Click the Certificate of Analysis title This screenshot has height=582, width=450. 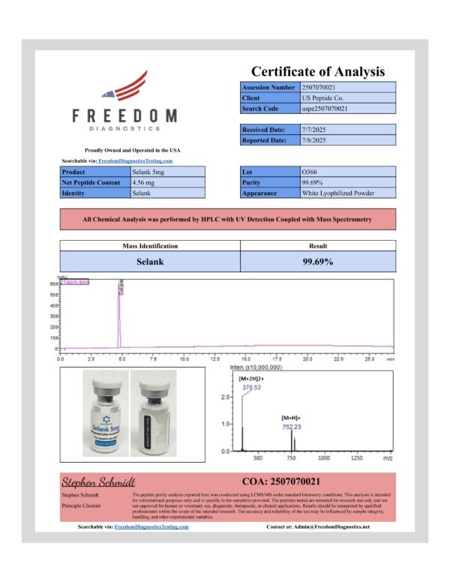click(x=317, y=72)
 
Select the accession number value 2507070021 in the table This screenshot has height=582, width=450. click(x=322, y=88)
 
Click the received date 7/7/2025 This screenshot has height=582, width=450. click(x=313, y=130)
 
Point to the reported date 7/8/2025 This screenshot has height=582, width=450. click(x=313, y=140)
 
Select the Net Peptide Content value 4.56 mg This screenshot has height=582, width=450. click(x=145, y=182)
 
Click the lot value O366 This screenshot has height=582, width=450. click(x=308, y=172)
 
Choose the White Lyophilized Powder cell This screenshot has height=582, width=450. click(x=337, y=193)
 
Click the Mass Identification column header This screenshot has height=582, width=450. click(x=150, y=245)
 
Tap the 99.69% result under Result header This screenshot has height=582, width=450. click(x=317, y=262)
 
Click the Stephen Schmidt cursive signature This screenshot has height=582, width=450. click(x=98, y=481)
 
